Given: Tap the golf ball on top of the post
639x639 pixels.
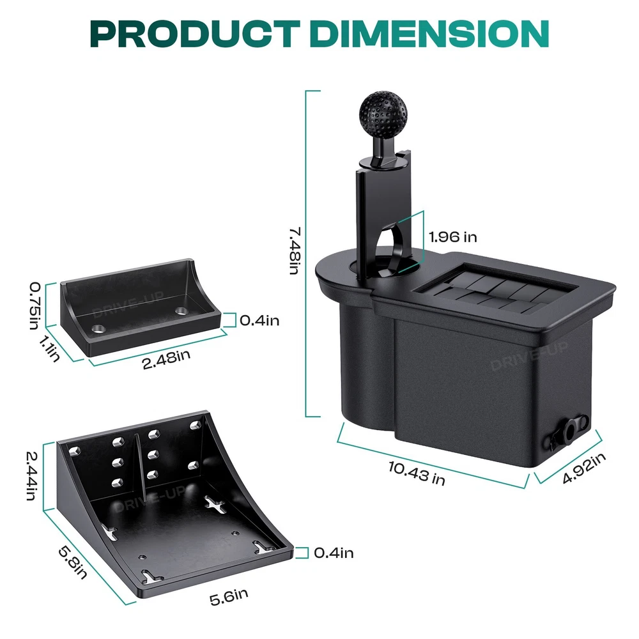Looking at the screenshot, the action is point(383,110).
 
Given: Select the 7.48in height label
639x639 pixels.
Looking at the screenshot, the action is point(295,251).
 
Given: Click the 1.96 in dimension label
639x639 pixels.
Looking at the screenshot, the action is point(453,237).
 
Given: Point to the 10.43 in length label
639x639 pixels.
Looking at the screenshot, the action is point(417,473).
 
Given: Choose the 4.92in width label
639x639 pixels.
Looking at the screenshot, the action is point(584,468).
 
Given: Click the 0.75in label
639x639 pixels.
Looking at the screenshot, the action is point(35,305).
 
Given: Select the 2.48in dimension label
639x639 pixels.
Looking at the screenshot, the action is point(166,359).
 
